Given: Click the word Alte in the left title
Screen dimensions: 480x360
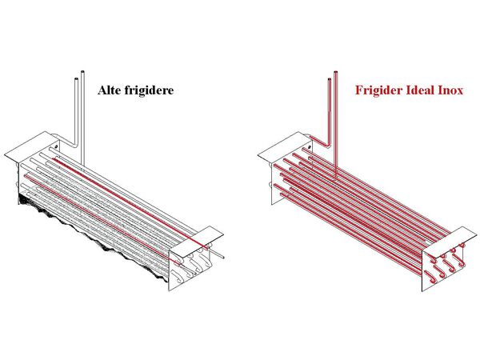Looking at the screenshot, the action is coord(108,90).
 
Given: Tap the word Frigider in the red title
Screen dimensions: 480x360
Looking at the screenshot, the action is coord(378,90).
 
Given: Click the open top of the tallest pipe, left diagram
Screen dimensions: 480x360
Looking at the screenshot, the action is coord(82,72).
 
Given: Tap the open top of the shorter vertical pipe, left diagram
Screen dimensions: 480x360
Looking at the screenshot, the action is coord(76,79).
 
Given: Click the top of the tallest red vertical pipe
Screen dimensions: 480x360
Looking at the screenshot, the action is coord(336,72).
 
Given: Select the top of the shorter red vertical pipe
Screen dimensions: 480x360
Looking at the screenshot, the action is coord(330,79).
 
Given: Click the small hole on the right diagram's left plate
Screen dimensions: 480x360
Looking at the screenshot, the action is coord(310,147).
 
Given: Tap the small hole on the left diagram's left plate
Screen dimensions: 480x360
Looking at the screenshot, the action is coord(56,147).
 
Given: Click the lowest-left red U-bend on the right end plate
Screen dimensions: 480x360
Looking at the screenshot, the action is coord(431,275).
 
